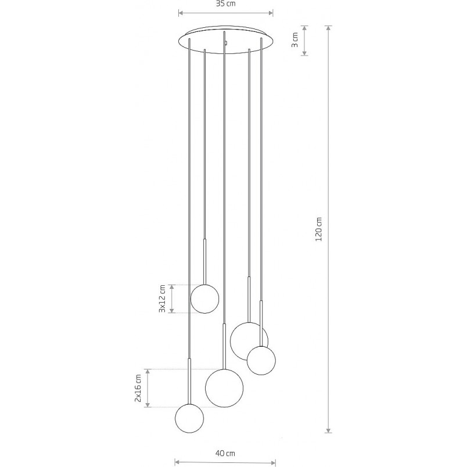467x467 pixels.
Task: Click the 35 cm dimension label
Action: click(225, 3)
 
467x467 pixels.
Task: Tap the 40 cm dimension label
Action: click(225, 453)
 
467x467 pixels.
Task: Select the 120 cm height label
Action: click(319, 229)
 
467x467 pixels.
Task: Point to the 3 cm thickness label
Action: click(294, 40)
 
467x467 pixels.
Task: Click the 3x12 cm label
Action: click(162, 299)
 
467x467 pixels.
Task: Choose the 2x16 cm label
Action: click(138, 388)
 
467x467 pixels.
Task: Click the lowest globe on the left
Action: click(189, 418)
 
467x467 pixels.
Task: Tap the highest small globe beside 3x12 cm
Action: click(204, 299)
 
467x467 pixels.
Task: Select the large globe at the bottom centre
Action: click(224, 388)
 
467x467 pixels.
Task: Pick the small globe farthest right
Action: click(261, 360)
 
